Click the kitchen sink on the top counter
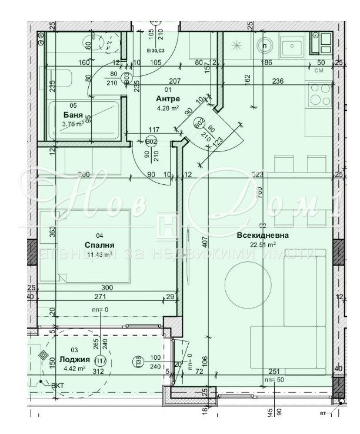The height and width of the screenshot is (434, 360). [x=291, y=45]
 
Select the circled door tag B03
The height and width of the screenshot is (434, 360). [x=126, y=76]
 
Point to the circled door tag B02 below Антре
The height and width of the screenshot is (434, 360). [x=151, y=141]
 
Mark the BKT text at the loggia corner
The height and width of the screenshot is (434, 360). [x=58, y=386]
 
